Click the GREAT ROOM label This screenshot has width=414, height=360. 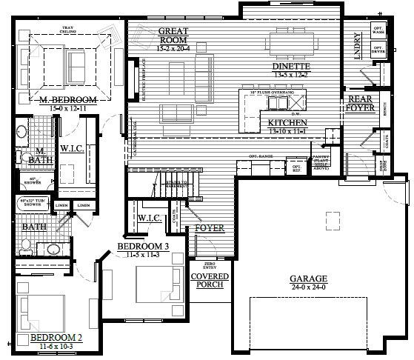coord(175,35)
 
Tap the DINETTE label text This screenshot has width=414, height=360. coord(291,66)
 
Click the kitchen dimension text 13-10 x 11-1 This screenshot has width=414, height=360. coord(288,131)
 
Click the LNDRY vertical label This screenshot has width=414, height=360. coord(358,44)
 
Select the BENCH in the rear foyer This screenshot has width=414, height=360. coord(386,110)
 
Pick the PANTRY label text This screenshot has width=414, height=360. coord(320,161)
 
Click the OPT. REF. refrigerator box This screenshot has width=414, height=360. coord(296,168)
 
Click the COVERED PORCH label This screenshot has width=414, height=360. coord(210,280)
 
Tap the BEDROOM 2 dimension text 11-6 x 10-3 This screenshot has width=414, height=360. coord(56,345)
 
